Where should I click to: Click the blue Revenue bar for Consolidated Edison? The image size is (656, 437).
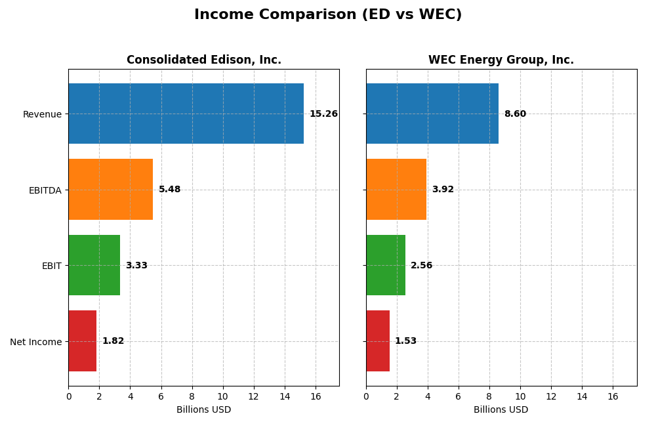coord(186,114)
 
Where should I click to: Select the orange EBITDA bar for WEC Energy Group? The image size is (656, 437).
coord(396,190)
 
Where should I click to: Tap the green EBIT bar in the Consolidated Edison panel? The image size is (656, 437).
coord(94,265)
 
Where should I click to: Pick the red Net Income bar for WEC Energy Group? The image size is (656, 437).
coord(378,341)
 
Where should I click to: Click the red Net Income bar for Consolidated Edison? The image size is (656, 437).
coord(82,341)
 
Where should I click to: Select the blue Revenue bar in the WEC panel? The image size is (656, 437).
coord(432,114)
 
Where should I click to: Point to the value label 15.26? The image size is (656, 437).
coord(323,114)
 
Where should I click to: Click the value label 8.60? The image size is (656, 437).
coord(515,114)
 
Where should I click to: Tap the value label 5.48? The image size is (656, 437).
coord(169,190)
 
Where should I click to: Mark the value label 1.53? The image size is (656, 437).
coord(405,341)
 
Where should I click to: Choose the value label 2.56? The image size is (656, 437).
coord(421,266)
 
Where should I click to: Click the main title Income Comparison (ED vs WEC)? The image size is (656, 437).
coord(328,15)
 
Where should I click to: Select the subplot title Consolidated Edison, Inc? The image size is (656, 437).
coord(204,60)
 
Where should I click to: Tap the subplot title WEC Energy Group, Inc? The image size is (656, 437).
coord(501,60)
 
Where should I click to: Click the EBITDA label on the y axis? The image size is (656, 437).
coord(45,190)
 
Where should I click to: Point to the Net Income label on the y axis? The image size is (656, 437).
coord(35,342)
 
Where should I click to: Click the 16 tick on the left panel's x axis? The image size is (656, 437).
coord(316,396)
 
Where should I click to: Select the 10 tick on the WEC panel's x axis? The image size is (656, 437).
coord(520,396)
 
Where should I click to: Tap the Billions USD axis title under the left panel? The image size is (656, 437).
coord(204,410)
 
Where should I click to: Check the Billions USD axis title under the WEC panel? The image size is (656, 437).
coord(501,410)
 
